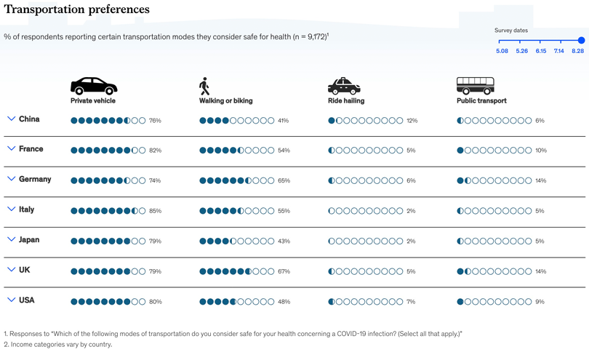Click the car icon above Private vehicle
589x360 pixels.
94,86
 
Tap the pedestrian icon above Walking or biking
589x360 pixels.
204,87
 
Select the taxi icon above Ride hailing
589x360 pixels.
344,87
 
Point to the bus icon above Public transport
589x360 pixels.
475,86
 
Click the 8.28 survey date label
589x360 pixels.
578,51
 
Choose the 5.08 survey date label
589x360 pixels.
502,51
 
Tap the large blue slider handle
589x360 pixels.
581,41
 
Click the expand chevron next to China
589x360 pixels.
11,119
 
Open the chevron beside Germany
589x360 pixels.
11,179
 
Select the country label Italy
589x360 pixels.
26,209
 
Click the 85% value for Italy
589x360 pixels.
155,211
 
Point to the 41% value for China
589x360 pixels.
284,121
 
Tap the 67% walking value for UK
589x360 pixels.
284,271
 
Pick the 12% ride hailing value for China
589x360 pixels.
412,121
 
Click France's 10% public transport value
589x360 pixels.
540,151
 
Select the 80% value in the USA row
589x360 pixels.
155,302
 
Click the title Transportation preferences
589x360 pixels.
76,9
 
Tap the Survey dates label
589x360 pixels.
511,31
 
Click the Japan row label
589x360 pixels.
29,239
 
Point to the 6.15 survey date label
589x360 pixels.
540,51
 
